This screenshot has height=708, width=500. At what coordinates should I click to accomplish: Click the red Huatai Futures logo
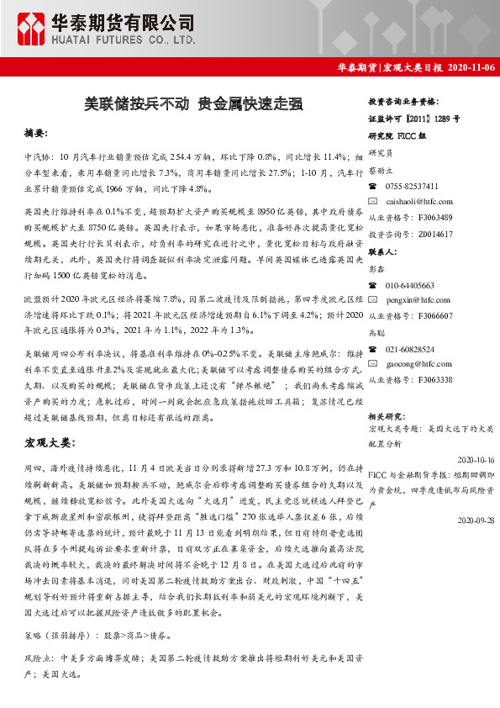pyautogui.click(x=33, y=29)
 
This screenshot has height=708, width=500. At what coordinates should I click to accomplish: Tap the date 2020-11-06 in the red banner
pyautogui.click(x=471, y=67)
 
